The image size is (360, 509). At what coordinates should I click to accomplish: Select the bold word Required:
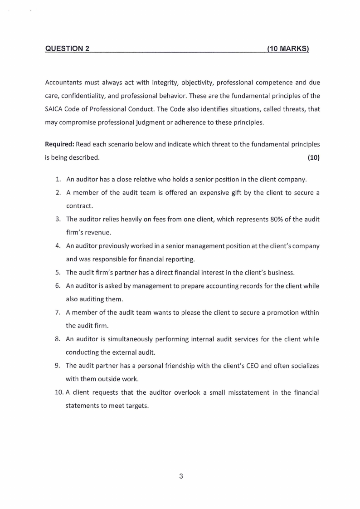tap(59, 144)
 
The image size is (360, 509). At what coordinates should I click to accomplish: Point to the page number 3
tap(181, 476)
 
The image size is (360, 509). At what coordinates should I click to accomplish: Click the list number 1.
tap(58, 179)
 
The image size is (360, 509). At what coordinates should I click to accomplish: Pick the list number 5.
tap(58, 273)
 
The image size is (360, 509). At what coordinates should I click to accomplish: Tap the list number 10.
tap(60, 392)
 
